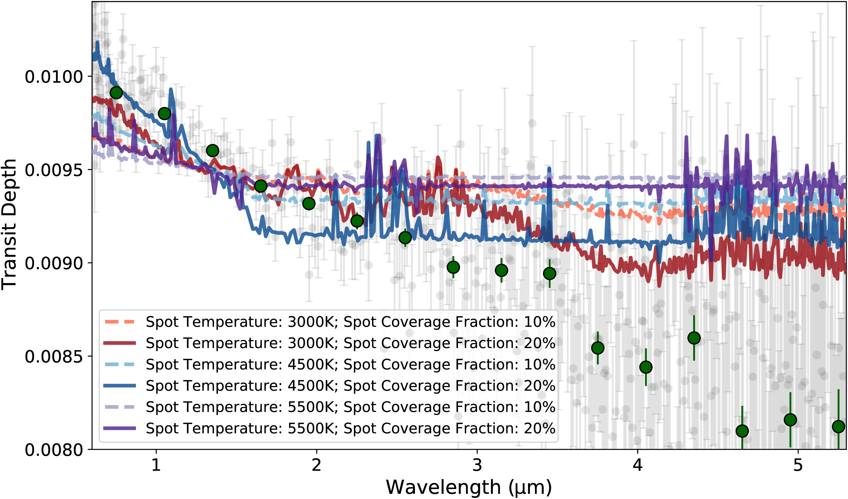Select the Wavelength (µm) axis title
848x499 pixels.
click(x=469, y=487)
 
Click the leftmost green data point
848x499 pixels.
click(x=116, y=93)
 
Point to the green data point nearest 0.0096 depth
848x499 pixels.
click(x=212, y=151)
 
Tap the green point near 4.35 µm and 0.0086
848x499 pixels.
click(x=694, y=338)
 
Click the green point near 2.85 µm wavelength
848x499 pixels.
click(x=453, y=267)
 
